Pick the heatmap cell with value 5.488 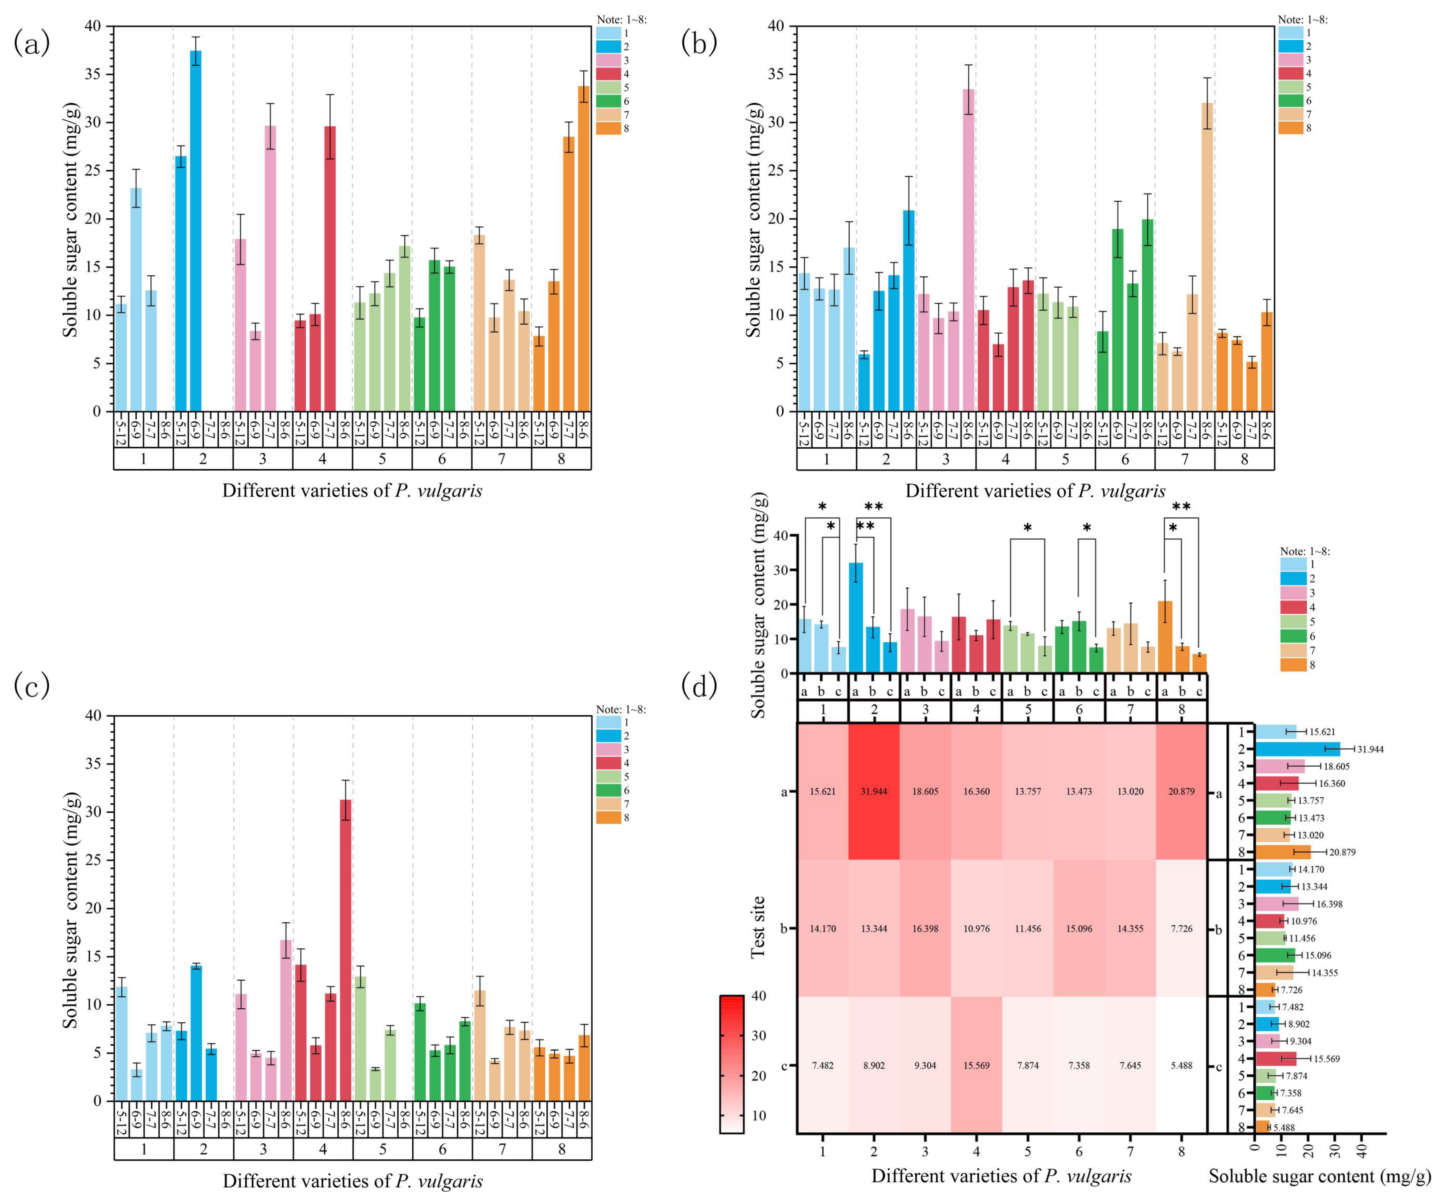click(1181, 1065)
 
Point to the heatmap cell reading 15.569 click(976, 1065)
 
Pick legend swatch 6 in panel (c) click(608, 791)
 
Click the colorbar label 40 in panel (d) click(759, 996)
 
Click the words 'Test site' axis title click(757, 927)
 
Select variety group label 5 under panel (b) click(1065, 459)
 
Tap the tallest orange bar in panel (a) click(584, 249)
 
